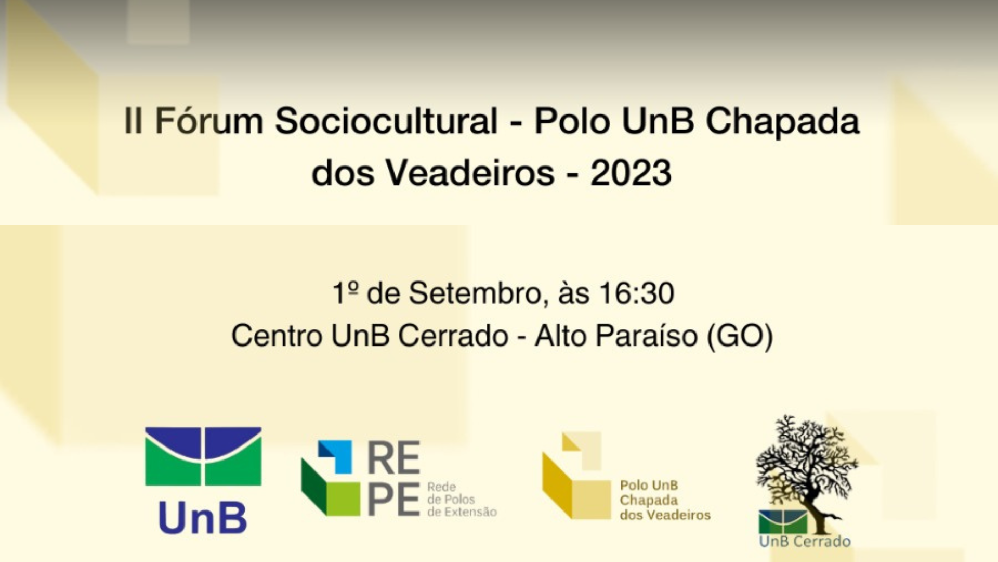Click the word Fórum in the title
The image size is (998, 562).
[209, 121]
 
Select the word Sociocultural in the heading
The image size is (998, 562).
[386, 121]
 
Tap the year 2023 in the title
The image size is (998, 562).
[631, 173]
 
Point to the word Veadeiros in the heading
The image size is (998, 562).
[469, 173]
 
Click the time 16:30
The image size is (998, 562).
[637, 293]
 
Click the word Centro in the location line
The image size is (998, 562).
[277, 336]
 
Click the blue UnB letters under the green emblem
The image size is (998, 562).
[203, 518]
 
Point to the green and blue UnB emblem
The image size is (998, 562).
[203, 456]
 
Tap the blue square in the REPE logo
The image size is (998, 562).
[335, 456]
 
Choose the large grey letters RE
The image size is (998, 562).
[394, 458]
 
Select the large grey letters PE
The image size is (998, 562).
[393, 500]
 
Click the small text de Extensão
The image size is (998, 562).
[462, 512]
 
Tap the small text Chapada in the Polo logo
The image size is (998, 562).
[649, 501]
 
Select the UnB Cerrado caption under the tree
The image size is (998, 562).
[805, 542]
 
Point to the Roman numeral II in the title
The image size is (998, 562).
[133, 121]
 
